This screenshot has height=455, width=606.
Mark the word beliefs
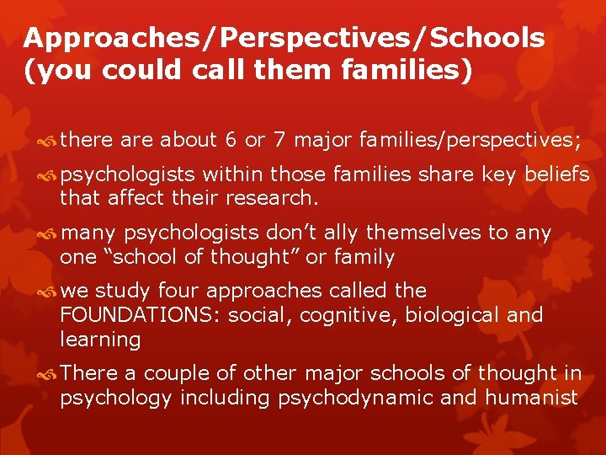point(556,174)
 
